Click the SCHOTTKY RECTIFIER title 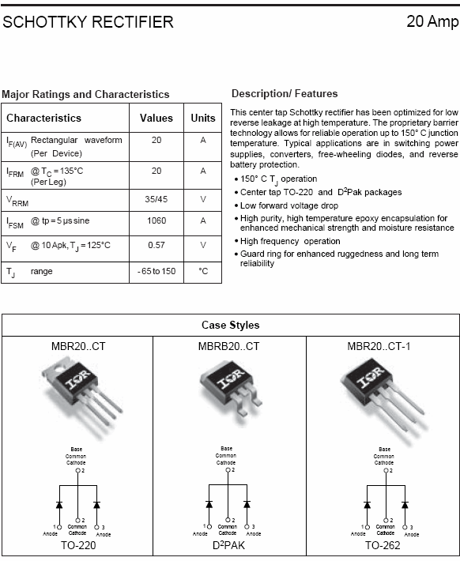coord(88,22)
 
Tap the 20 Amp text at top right coord(432,22)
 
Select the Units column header coord(203,118)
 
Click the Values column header coord(156,118)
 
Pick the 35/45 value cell coord(156,200)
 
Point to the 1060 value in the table coord(156,222)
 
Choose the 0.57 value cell coord(156,245)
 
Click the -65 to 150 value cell coord(156,271)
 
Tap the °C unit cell coord(203,271)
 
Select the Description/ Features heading coord(285,94)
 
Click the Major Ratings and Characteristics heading coord(85,94)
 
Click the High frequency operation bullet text coord(290,241)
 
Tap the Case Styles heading coord(230,326)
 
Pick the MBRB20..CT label coord(228,346)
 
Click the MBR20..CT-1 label coord(383,346)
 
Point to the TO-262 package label coord(383,546)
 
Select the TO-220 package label coord(77,546)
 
